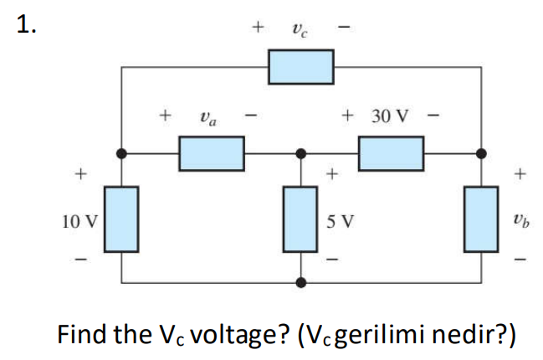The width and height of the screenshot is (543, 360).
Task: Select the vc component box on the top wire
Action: [301, 67]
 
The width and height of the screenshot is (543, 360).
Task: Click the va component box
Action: [212, 153]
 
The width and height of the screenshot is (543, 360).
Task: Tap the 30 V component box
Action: [392, 153]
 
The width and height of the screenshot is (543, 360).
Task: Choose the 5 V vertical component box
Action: [301, 220]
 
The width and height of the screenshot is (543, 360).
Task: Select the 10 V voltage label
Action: [79, 222]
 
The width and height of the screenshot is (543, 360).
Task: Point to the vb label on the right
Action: [521, 222]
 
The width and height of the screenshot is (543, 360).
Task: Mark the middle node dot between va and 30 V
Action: [301, 153]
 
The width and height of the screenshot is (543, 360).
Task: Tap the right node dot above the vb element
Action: [480, 153]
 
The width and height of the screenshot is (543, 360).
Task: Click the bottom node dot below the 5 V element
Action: [301, 283]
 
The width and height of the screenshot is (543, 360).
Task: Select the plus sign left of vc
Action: [259, 28]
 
